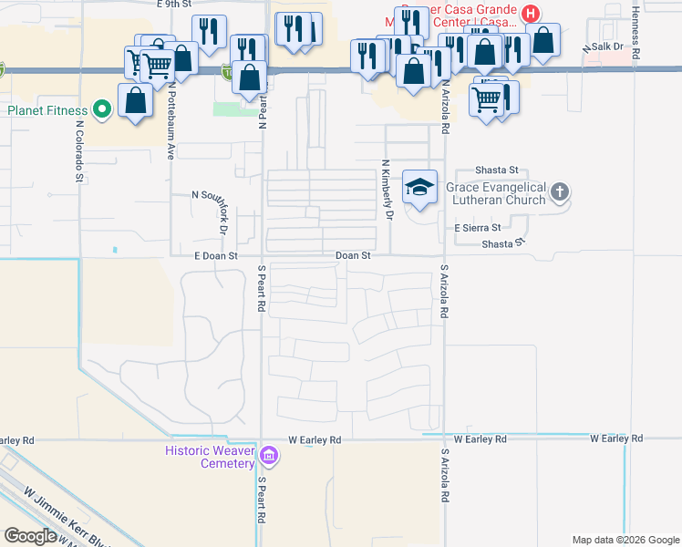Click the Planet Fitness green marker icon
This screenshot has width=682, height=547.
[102, 111]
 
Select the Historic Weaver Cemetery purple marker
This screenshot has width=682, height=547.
[269, 455]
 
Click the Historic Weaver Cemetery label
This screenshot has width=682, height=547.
[210, 457]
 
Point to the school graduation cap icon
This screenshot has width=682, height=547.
[420, 187]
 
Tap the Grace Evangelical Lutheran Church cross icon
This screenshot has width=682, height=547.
[560, 192]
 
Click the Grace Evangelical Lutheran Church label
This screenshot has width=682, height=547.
[496, 192]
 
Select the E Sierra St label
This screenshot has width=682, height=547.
[470, 227]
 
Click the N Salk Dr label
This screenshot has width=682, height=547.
[604, 46]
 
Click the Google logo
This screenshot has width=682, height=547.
[30, 536]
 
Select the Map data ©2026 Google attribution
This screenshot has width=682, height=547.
[624, 540]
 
